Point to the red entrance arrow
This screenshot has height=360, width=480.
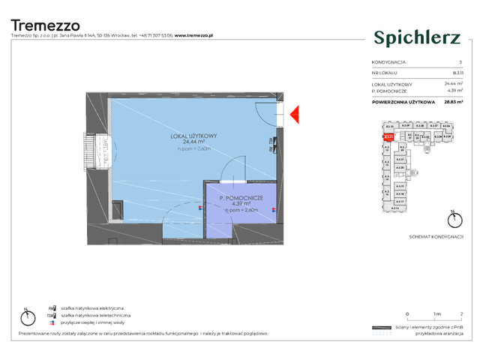pos(294,114)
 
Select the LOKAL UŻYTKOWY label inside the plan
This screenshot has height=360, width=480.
pos(193,136)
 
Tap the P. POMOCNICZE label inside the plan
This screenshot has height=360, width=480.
pos(241,197)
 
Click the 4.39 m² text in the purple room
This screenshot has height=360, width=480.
pos(241,203)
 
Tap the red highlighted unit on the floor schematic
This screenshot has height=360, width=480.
pos(388,137)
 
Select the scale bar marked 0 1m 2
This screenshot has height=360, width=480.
pos(433,317)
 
